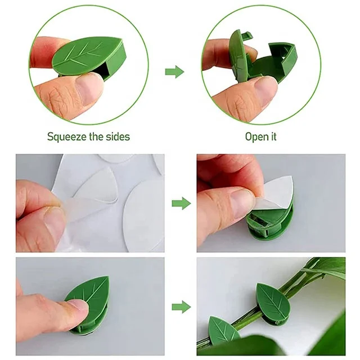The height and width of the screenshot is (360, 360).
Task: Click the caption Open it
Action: tap(260, 137)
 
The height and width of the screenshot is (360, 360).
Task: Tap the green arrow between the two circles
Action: tap(175, 71)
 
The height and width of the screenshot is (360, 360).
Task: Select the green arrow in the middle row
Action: tap(181, 203)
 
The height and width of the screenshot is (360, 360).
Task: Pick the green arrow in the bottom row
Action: tap(181, 307)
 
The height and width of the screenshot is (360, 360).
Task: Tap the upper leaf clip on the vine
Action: tap(273, 298)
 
